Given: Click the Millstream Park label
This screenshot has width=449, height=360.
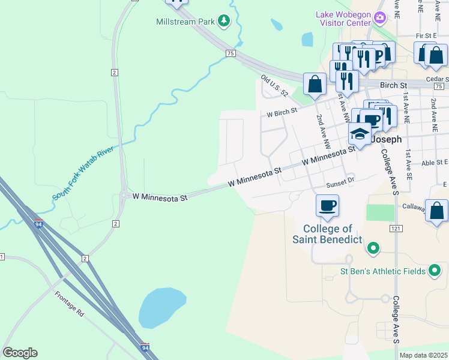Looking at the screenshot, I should click(x=185, y=22).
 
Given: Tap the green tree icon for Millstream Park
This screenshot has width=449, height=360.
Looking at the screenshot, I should click(x=224, y=22).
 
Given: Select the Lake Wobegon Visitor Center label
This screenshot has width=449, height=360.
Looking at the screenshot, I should click(x=343, y=19).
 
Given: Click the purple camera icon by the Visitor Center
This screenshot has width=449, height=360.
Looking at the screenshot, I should click(x=379, y=17).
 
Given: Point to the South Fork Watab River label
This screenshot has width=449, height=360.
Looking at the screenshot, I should click(x=83, y=172).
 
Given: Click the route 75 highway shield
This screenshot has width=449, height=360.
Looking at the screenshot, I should click(x=230, y=53).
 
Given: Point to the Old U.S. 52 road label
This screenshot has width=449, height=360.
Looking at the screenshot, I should click(x=275, y=86).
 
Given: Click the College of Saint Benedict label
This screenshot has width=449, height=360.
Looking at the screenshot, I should click(x=327, y=234).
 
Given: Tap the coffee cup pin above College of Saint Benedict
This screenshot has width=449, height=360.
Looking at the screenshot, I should click(x=328, y=206).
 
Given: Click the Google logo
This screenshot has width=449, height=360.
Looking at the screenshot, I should click(x=20, y=353).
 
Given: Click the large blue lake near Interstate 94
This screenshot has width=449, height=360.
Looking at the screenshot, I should click(x=160, y=307).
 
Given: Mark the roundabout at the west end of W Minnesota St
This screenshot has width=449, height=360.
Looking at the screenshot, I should click(x=124, y=195).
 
